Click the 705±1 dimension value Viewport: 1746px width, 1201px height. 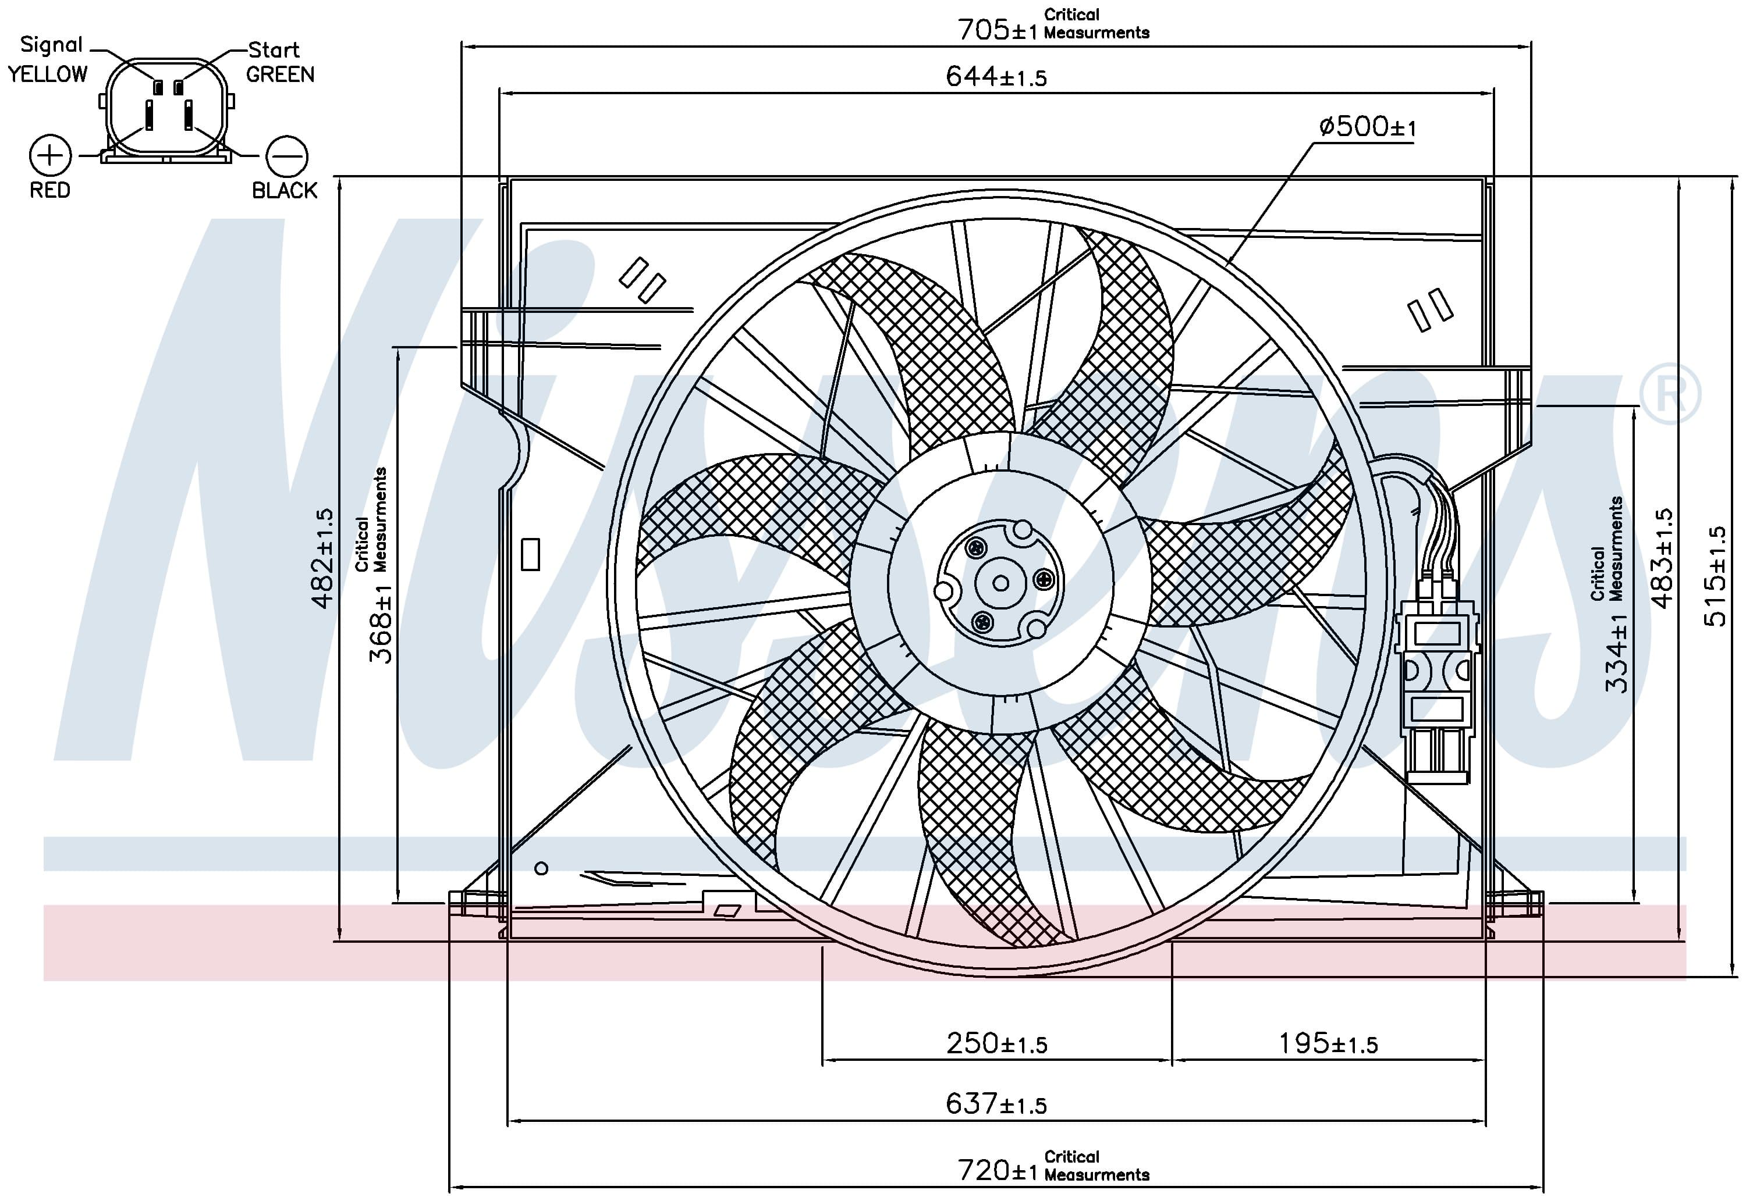point(997,30)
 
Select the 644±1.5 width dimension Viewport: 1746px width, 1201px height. point(996,76)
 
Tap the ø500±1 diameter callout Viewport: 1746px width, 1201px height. point(1367,126)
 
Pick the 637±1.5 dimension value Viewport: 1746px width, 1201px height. point(996,1104)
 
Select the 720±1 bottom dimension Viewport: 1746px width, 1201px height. point(997,1170)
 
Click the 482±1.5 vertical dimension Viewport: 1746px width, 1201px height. point(322,558)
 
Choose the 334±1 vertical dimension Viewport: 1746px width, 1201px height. point(1616,653)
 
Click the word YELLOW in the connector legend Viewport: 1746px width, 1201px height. point(48,74)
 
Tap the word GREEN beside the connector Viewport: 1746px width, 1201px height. point(280,74)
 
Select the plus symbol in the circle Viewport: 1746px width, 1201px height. point(51,156)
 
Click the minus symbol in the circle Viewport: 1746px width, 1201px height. point(287,156)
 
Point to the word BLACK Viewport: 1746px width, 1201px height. point(285,190)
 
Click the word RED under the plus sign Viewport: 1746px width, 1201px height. point(49,190)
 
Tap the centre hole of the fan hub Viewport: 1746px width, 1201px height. point(1000,583)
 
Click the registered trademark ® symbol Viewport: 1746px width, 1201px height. point(1670,394)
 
